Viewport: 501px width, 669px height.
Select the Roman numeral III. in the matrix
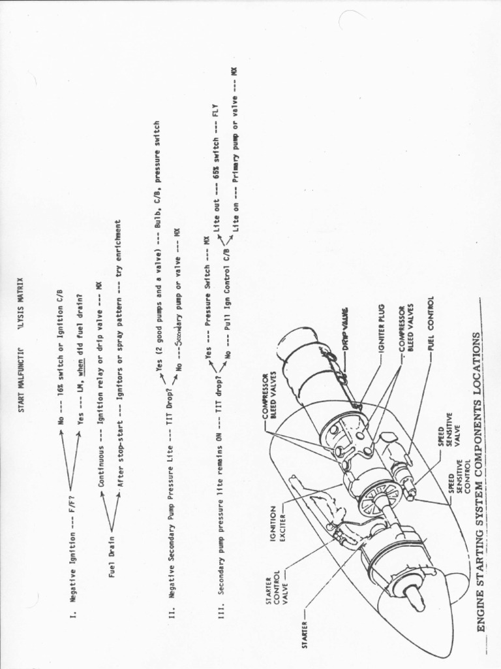click(x=221, y=613)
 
